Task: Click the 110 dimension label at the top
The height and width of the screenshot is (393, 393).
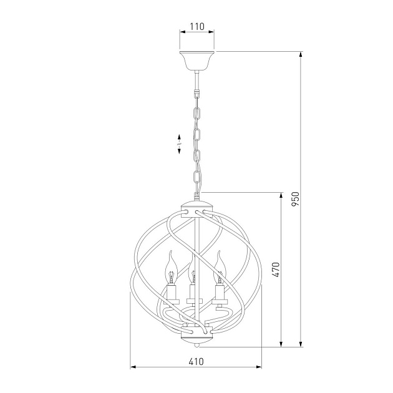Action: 196,27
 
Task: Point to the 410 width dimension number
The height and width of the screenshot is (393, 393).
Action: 196,361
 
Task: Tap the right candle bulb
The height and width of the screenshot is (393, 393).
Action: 219,268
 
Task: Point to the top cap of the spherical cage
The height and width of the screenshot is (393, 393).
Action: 196,206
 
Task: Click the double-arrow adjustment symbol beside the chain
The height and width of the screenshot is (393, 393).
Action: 179,144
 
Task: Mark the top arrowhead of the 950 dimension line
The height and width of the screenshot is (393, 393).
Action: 302,55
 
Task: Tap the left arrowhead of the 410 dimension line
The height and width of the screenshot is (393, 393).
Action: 133,368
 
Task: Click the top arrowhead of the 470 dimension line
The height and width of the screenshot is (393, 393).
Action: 281,196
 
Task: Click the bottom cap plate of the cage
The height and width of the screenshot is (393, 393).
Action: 196,336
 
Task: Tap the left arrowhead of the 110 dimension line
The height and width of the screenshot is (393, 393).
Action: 182,34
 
